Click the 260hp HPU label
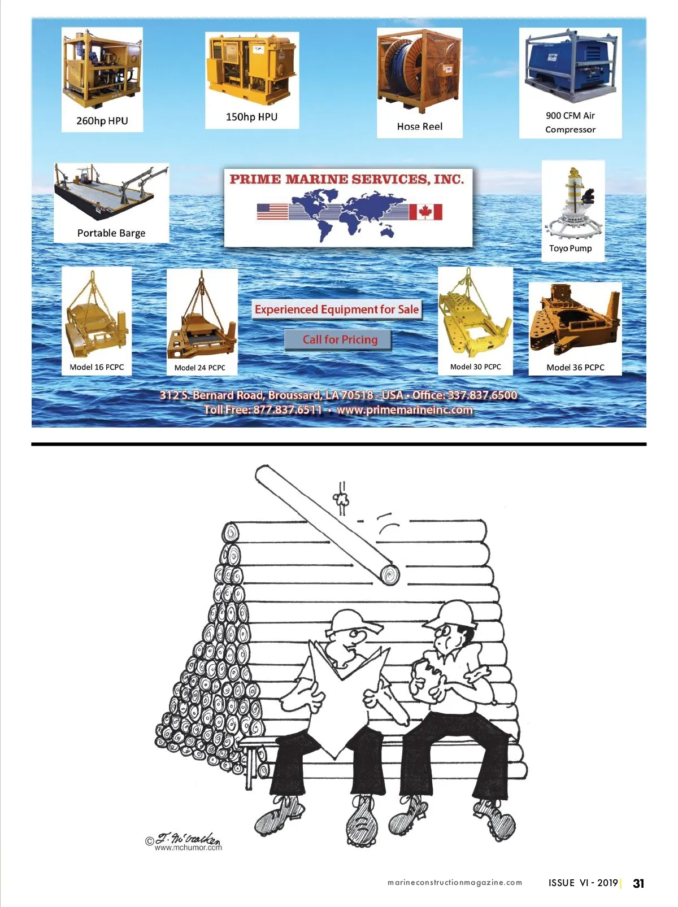[x=102, y=121]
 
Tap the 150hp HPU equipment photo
[x=252, y=69]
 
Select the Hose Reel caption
[x=420, y=127]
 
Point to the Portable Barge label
[x=111, y=233]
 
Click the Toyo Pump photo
[x=572, y=203]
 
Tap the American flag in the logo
[x=272, y=212]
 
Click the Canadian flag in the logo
[x=426, y=212]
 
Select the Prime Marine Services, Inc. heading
[x=346, y=179]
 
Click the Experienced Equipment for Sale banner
[x=337, y=309]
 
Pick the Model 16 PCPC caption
[x=97, y=367]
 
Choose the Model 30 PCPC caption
[x=475, y=367]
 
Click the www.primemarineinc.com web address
[x=405, y=410]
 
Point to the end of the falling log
[x=390, y=575]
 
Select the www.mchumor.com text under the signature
[x=188, y=848]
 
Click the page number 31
[x=638, y=883]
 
